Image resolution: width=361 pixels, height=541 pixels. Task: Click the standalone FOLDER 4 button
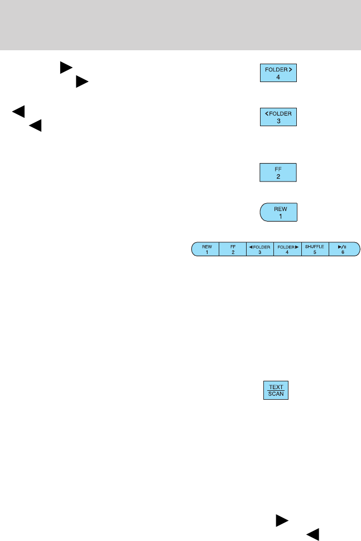pos(278,73)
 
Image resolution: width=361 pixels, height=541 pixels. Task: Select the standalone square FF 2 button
pos(278,172)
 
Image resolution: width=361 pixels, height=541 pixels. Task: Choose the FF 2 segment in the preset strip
pos(232,249)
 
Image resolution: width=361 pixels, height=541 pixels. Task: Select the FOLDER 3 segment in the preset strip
pos(259,249)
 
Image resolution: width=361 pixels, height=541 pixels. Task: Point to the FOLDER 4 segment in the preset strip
pos(287,249)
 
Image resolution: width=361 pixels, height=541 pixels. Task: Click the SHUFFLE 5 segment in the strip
pos(315,249)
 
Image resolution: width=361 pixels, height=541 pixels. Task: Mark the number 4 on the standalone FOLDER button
pos(278,76)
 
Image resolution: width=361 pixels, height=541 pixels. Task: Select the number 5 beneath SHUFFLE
pos(315,252)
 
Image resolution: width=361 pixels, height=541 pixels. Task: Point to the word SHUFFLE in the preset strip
pos(315,246)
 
